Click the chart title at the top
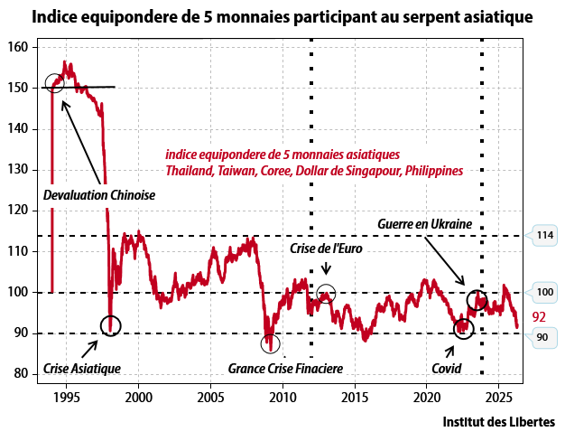pyautogui.click(x=282, y=16)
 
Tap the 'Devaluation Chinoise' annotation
pyautogui.click(x=99, y=195)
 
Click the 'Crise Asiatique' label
pyautogui.click(x=81, y=368)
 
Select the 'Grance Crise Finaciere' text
pyautogui.click(x=284, y=368)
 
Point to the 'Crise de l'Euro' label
pyautogui.click(x=326, y=247)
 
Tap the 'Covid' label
pyautogui.click(x=447, y=368)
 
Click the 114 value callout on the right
pyautogui.click(x=544, y=236)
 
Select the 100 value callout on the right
pyautogui.click(x=544, y=293)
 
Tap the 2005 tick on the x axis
pyautogui.click(x=210, y=396)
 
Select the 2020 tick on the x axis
pyautogui.click(x=427, y=396)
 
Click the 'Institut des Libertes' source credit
pyautogui.click(x=498, y=421)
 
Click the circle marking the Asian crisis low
pyautogui.click(x=110, y=324)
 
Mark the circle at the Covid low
pyautogui.click(x=463, y=327)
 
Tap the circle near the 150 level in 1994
pyautogui.click(x=54, y=84)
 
